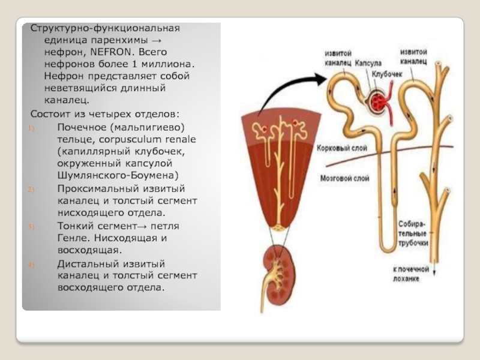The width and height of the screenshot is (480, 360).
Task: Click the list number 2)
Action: coord(32,188)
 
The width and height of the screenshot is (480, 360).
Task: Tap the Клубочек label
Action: coord(386,74)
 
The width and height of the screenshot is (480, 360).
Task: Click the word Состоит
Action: coord(50,113)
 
